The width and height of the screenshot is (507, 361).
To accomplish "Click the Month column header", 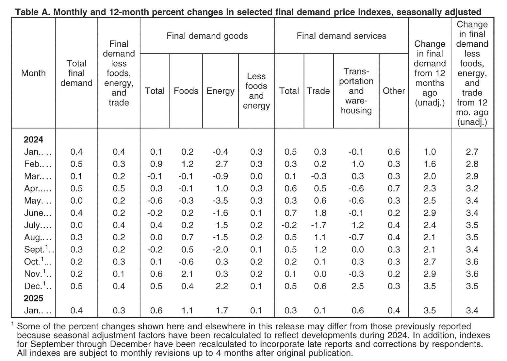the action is (x=33, y=73).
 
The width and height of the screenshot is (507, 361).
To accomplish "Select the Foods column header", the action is (x=186, y=91).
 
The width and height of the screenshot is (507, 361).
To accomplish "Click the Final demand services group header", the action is (x=341, y=36).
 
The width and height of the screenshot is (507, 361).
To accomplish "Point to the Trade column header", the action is (x=318, y=91).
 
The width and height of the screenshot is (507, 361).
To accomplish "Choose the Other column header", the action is (x=394, y=91).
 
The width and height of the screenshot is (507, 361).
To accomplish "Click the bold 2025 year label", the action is (x=33, y=298).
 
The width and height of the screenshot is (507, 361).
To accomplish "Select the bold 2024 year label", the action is (x=33, y=140).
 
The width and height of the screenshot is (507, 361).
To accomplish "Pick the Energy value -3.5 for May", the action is (x=220, y=201).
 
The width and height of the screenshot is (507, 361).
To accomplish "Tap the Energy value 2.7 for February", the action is (x=221, y=164).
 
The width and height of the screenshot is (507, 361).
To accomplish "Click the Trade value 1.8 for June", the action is (x=320, y=213).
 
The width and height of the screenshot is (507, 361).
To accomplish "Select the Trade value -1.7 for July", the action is (x=319, y=225).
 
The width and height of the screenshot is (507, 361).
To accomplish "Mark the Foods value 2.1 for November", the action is (x=187, y=274).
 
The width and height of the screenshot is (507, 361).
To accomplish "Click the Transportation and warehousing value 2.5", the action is (x=358, y=286).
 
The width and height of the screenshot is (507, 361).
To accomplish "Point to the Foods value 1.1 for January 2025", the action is (x=187, y=310).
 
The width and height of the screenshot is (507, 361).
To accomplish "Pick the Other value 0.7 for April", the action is (x=394, y=188).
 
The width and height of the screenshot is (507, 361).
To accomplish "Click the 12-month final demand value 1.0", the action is (x=430, y=152).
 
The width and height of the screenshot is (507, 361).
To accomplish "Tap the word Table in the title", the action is (x=27, y=12).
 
